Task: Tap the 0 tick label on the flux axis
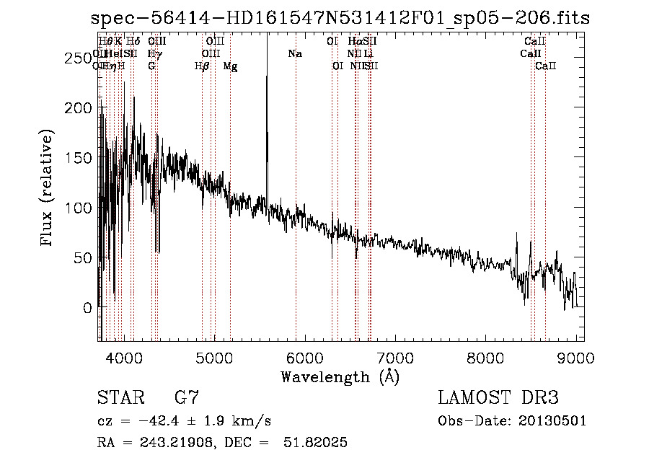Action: pos(87,308)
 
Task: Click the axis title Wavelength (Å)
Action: pos(340,376)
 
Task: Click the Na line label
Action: pos(294,53)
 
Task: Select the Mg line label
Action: pos(230,66)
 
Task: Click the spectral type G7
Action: pos(186,398)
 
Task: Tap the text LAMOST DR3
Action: pos(498,398)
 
